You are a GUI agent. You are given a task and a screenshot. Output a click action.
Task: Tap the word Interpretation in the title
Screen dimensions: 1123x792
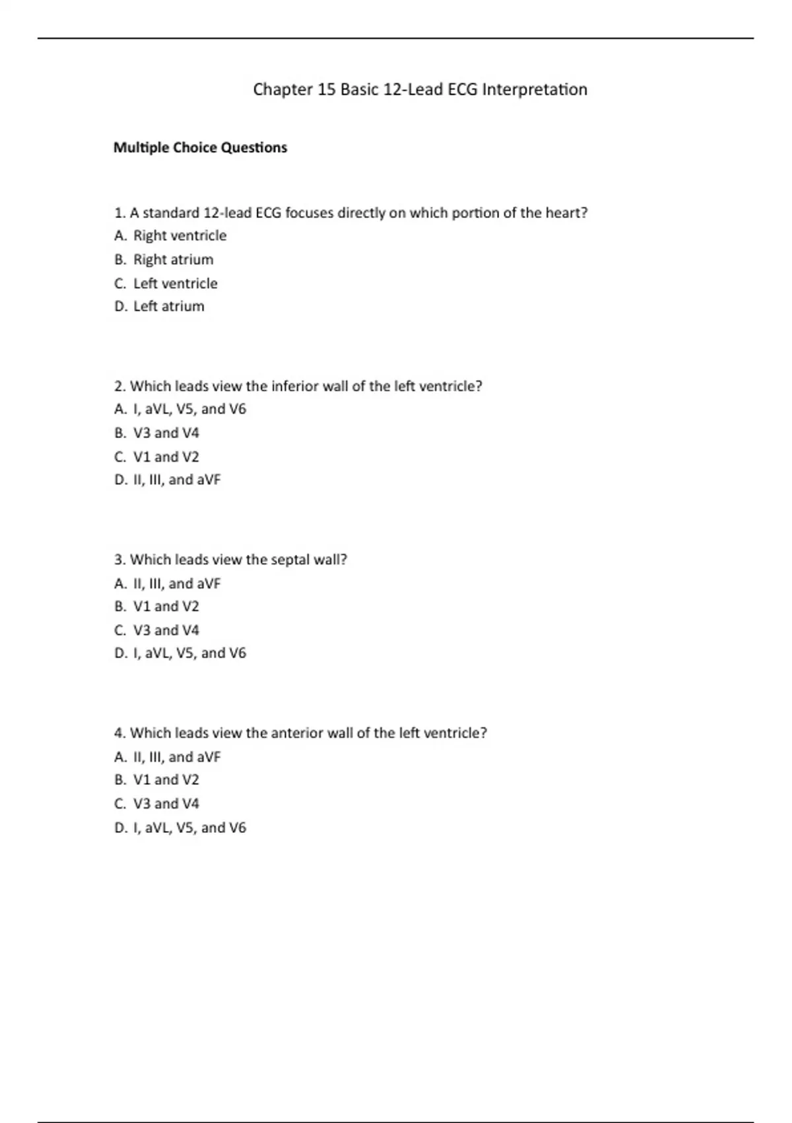(x=535, y=90)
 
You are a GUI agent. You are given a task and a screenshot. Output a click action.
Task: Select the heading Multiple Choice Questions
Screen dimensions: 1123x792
(x=200, y=147)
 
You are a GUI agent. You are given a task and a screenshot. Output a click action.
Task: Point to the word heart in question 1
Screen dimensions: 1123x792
(x=566, y=213)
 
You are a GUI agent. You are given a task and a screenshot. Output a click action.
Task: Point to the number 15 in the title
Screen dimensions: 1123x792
(x=327, y=90)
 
